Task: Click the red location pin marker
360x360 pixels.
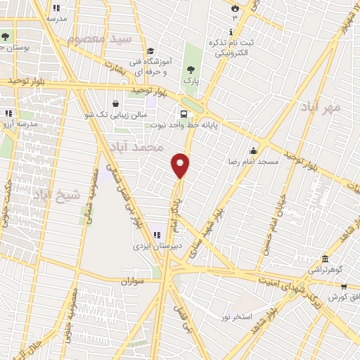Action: tap(181, 165)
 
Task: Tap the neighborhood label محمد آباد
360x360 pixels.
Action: tap(136, 147)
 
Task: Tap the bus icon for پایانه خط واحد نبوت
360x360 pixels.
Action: tap(184, 114)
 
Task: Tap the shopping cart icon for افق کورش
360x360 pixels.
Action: tap(343, 287)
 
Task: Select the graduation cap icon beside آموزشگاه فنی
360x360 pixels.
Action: tap(150, 51)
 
